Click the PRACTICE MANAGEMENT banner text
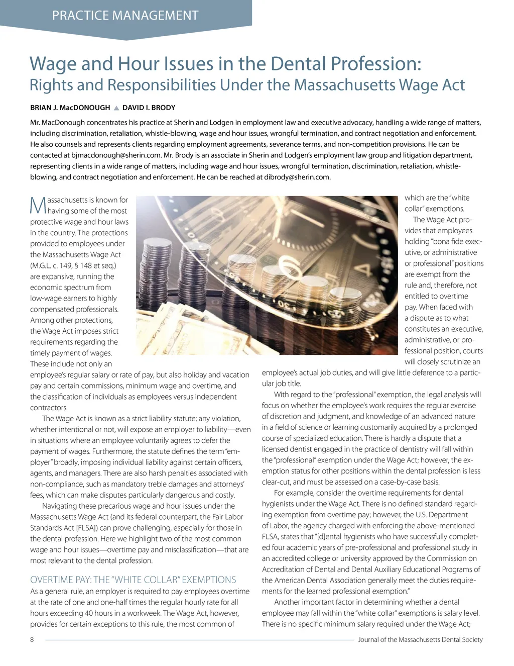pyautogui.click(x=125, y=16)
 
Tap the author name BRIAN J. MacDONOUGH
pyautogui.click(x=70, y=108)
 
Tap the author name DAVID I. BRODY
pyautogui.click(x=149, y=108)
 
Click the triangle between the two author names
pyautogui.click(x=116, y=108)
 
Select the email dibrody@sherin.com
pyautogui.click(x=297, y=177)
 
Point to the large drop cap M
pyautogui.click(x=38, y=205)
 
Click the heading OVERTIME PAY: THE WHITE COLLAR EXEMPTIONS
pyautogui.click(x=133, y=580)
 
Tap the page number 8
pyautogui.click(x=32, y=640)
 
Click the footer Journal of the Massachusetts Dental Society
pyautogui.click(x=420, y=640)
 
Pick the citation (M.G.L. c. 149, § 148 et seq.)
pyautogui.click(x=73, y=265)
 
